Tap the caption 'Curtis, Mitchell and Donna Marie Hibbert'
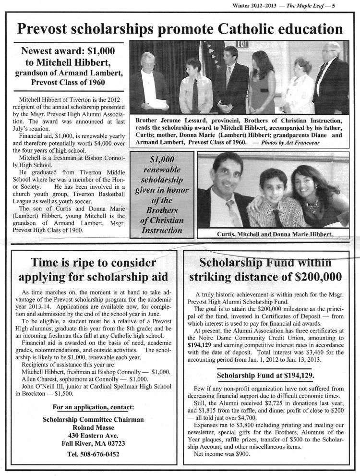272,234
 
